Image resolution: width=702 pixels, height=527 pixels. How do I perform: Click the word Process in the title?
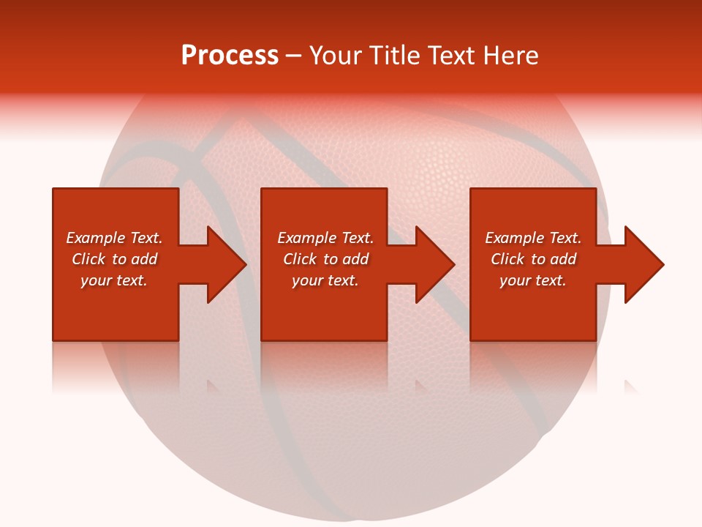pyautogui.click(x=230, y=56)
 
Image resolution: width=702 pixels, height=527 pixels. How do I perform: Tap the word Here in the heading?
pyautogui.click(x=511, y=56)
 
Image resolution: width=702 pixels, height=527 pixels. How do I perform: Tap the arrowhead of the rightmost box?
pyautogui.click(x=643, y=264)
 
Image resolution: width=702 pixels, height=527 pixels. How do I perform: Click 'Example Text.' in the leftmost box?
pyautogui.click(x=114, y=238)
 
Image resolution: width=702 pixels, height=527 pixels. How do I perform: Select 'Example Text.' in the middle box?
pyautogui.click(x=325, y=238)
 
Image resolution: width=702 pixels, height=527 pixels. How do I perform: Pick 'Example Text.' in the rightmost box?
pyautogui.click(x=533, y=238)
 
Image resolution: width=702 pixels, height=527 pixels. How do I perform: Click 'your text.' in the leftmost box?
pyautogui.click(x=114, y=280)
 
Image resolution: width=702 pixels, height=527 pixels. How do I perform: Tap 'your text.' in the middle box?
pyautogui.click(x=325, y=280)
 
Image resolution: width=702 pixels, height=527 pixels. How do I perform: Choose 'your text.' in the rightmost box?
pyautogui.click(x=533, y=280)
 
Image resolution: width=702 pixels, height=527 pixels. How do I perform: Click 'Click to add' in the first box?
pyautogui.click(x=114, y=259)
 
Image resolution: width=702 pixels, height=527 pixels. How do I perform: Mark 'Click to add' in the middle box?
pyautogui.click(x=325, y=259)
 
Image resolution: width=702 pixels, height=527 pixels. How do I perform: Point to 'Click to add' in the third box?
pyautogui.click(x=533, y=259)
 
